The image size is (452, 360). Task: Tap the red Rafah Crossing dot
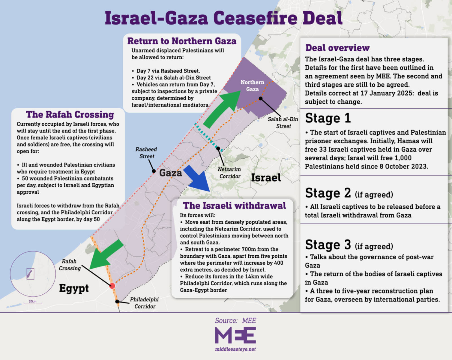click(x=112, y=286)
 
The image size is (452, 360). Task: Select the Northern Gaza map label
click(x=252, y=86)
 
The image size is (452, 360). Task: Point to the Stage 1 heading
click(x=328, y=118)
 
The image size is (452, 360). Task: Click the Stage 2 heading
click(x=328, y=193)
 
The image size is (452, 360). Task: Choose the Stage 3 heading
click(x=328, y=245)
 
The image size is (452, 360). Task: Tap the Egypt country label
click(x=74, y=288)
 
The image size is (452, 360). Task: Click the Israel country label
click(x=266, y=178)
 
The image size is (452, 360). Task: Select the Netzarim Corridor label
click(x=229, y=173)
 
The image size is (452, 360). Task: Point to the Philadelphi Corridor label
click(x=144, y=303)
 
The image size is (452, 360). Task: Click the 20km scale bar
click(x=33, y=303)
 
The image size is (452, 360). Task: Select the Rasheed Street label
click(x=146, y=153)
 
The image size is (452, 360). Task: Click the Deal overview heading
click(x=337, y=48)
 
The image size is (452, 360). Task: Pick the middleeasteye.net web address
click(x=235, y=349)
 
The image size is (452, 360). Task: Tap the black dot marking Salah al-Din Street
click(x=260, y=98)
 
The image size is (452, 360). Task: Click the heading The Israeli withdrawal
click(x=234, y=206)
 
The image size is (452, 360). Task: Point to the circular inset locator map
click(x=33, y=274)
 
